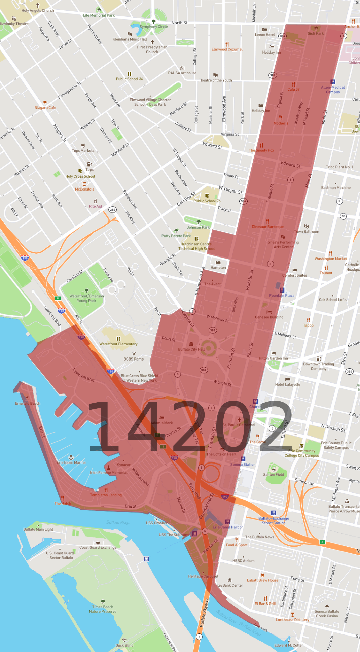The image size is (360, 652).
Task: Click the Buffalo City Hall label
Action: point(191,349)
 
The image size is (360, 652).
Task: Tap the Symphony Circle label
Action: point(154,27)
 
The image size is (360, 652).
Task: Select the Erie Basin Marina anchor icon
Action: point(71,457)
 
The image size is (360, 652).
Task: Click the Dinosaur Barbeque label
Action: point(267,227)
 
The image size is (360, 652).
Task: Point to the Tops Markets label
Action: point(83,151)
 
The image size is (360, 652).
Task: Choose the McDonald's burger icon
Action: point(84,184)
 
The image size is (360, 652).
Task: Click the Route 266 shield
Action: point(112,210)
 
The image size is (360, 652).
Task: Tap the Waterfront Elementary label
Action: point(118,344)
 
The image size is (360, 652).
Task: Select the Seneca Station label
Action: point(243,465)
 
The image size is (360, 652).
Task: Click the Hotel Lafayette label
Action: point(287,384)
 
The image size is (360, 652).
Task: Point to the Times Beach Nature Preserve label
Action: point(103,609)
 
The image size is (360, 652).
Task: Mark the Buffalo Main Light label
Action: point(38,529)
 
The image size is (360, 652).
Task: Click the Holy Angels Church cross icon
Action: point(38,5)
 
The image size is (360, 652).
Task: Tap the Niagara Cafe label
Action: point(45,108)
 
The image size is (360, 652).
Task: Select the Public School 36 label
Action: point(129,79)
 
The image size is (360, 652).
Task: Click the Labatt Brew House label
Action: point(262,580)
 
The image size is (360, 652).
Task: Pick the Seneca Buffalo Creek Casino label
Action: point(327,614)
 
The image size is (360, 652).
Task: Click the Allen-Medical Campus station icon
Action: point(333,82)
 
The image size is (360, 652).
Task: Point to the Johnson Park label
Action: point(198,227)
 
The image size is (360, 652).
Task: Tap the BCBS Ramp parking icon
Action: point(134,354)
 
